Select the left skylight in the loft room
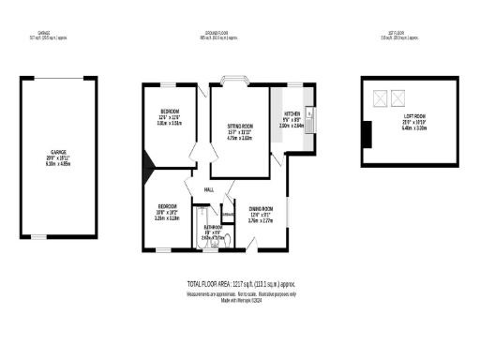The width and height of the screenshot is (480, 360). pyautogui.click(x=380, y=97)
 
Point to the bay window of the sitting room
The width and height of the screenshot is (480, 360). pyautogui.click(x=232, y=81)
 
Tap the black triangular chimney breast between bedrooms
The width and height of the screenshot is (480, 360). pyautogui.click(x=146, y=169)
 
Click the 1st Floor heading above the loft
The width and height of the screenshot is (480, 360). pyautogui.click(x=401, y=34)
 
